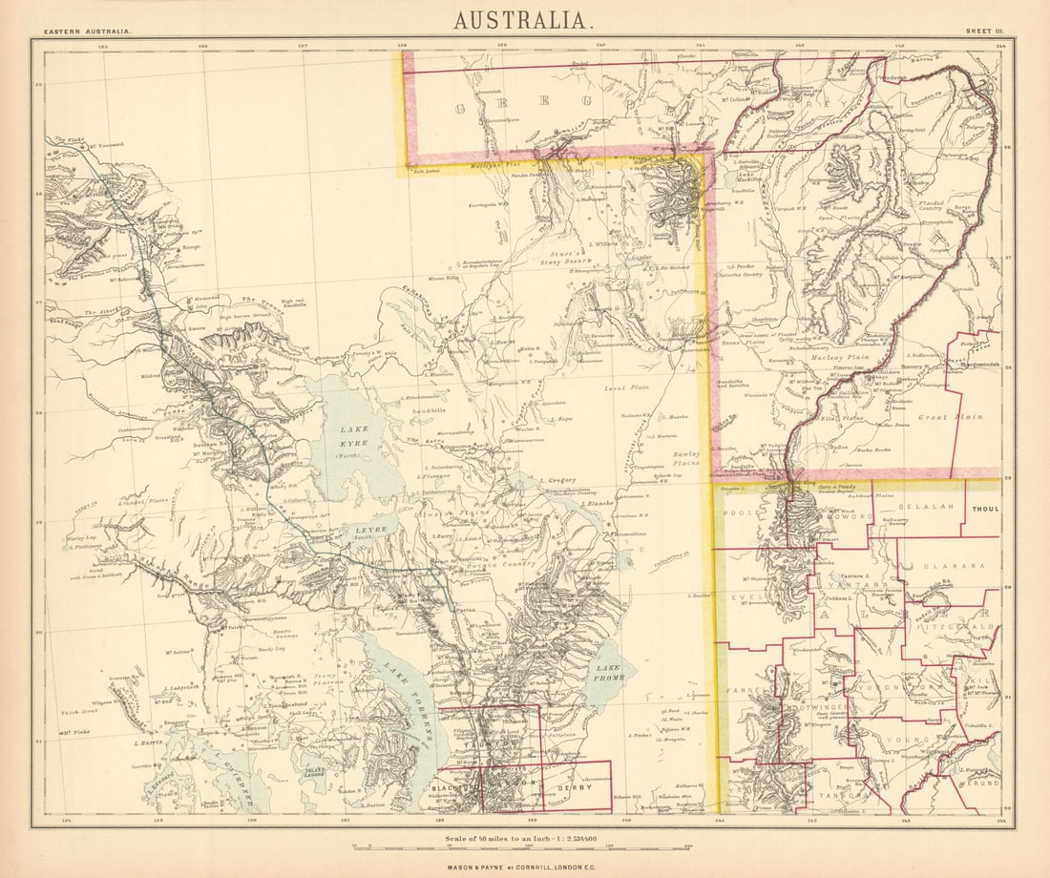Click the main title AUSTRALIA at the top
tap(524, 19)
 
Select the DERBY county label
tap(580, 788)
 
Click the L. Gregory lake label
tap(554, 479)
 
